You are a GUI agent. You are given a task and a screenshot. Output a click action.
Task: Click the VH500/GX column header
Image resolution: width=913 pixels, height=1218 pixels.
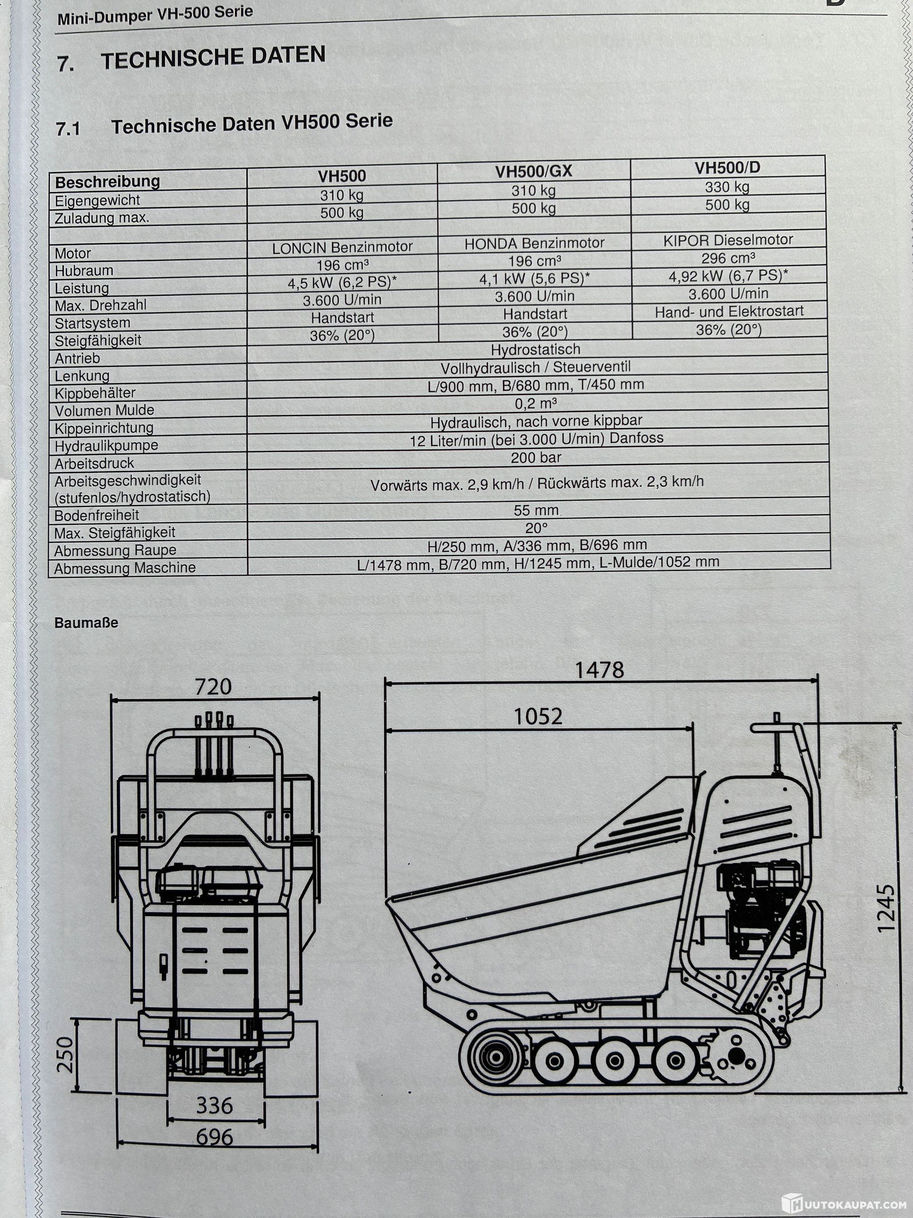click(533, 171)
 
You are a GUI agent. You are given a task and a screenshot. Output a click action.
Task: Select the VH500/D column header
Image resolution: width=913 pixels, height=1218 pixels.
click(727, 167)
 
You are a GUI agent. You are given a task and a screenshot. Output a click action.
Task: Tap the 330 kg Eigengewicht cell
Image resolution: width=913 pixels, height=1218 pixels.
click(727, 187)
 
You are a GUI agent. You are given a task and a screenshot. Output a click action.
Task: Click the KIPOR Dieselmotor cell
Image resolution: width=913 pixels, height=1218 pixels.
click(728, 240)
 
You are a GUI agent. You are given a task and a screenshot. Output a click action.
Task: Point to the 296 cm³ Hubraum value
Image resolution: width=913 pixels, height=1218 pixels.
click(728, 258)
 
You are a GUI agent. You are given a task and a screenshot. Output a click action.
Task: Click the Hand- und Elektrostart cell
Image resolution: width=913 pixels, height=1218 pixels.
click(728, 312)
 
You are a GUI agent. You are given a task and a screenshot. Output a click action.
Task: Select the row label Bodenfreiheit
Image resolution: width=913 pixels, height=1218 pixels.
click(96, 516)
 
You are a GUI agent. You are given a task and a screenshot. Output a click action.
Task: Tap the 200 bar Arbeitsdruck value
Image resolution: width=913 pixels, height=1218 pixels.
click(535, 457)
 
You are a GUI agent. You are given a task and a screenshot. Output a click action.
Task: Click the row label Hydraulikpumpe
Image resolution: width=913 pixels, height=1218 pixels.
click(106, 446)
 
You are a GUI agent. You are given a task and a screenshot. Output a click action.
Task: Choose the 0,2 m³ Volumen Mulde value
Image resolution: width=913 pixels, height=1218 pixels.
click(535, 404)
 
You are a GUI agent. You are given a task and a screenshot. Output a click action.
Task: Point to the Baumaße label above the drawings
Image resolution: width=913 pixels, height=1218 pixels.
click(86, 623)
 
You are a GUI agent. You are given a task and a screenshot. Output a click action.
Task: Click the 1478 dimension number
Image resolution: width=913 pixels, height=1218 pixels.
click(599, 670)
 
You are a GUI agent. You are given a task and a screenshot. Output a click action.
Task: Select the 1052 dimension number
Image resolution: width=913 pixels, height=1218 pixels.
click(538, 716)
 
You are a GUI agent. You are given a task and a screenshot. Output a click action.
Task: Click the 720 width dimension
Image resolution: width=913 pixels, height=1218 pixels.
click(213, 687)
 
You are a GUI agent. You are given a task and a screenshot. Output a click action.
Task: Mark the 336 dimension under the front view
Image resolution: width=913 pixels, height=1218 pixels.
click(214, 1105)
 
